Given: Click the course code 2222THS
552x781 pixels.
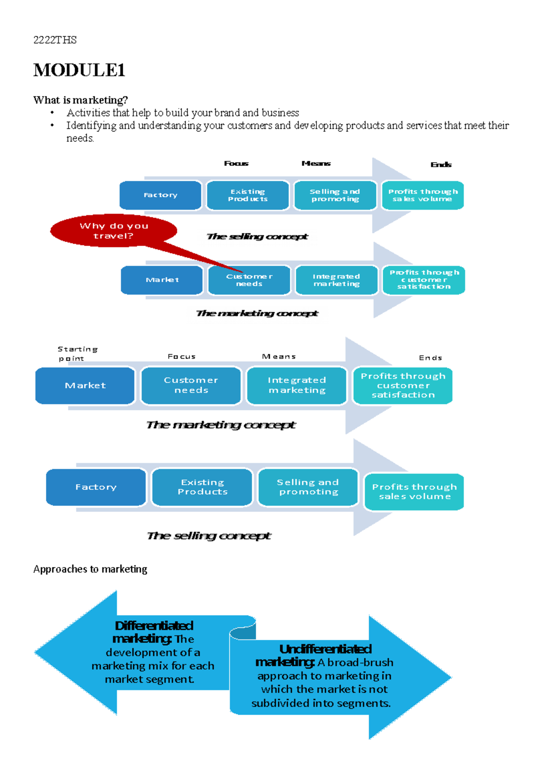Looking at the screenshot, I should (x=55, y=40).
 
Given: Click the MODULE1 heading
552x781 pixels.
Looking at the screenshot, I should (x=79, y=70).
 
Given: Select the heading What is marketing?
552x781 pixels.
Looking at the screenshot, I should (x=80, y=100).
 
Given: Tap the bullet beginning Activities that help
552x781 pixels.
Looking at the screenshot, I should (x=183, y=113).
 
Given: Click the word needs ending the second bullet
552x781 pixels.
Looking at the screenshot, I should (x=80, y=138).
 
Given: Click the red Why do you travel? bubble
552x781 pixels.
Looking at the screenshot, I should (x=114, y=230).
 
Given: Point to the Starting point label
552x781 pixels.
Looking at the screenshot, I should (x=77, y=354).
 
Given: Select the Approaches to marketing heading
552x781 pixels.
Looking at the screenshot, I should (x=90, y=569).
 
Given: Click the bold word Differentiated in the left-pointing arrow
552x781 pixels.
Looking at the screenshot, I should (x=154, y=626).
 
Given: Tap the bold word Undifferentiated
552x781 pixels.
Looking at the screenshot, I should (x=325, y=649).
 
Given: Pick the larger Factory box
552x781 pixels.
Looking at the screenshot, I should (x=96, y=487).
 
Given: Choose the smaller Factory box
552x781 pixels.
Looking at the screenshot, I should (x=160, y=195).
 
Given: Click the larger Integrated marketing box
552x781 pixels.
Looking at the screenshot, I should (x=297, y=385).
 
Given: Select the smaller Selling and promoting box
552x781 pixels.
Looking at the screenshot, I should (x=335, y=195).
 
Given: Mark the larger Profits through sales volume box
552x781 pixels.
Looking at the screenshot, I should (x=414, y=492).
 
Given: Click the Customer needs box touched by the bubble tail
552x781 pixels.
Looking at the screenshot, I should (x=249, y=280).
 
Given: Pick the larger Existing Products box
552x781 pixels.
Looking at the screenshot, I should (x=202, y=487).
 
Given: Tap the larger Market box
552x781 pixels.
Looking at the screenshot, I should (x=85, y=385).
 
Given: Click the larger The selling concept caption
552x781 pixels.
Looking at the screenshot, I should (x=209, y=536).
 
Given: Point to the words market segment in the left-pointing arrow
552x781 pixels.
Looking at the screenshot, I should (x=149, y=679).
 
